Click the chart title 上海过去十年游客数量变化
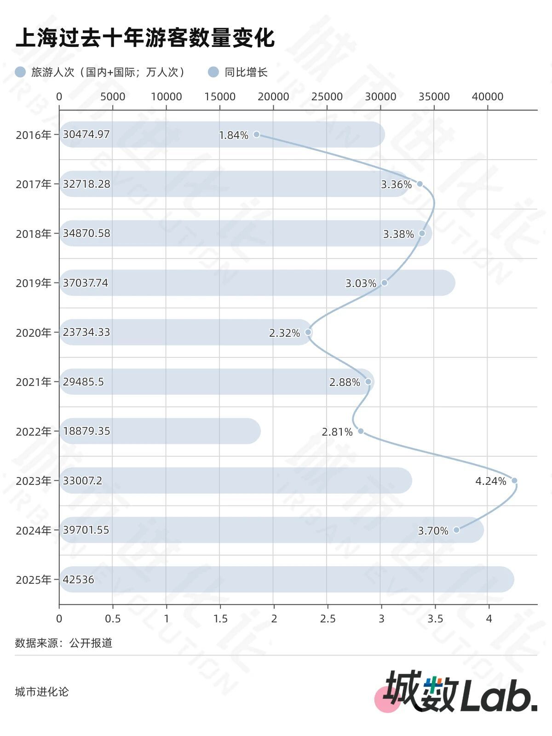click(x=145, y=38)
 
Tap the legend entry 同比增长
click(x=246, y=72)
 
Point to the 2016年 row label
click(x=34, y=135)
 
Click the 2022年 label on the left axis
click(x=34, y=431)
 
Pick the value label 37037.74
click(x=86, y=283)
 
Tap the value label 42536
click(x=78, y=580)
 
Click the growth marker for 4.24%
click(x=514, y=481)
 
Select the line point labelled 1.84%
click(x=257, y=134)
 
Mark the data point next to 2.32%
click(x=308, y=332)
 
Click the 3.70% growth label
click(x=433, y=531)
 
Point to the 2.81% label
click(x=337, y=432)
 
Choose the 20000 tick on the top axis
click(x=274, y=97)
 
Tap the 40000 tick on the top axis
click(x=488, y=97)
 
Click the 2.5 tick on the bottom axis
click(x=328, y=619)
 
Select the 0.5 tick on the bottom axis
click(x=113, y=619)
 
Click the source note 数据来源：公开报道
click(x=63, y=643)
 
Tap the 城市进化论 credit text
click(x=41, y=692)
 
